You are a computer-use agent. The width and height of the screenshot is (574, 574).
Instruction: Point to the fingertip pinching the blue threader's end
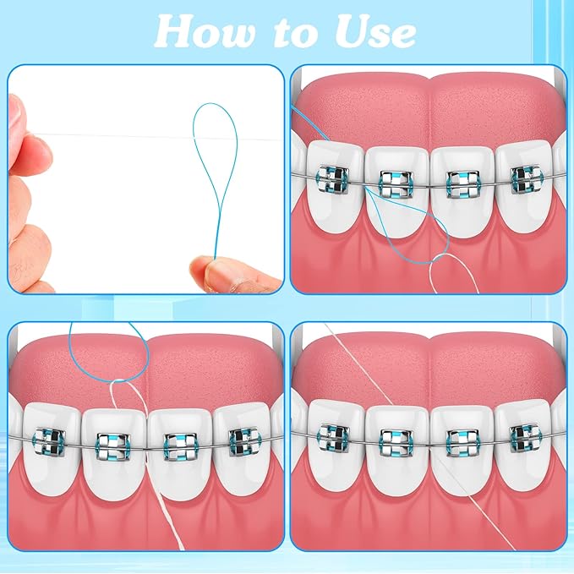205,274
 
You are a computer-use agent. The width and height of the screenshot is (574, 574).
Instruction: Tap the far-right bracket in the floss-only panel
525,438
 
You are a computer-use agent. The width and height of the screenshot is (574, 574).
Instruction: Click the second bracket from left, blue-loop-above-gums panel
110,440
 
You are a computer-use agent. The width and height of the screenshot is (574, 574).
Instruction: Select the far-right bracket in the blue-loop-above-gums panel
243,440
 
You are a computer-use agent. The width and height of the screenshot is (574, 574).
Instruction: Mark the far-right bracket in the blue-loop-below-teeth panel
525,178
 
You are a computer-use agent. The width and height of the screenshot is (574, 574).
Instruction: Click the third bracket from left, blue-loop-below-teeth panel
460,180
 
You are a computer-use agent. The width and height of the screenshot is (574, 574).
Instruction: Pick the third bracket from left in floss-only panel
460,440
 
